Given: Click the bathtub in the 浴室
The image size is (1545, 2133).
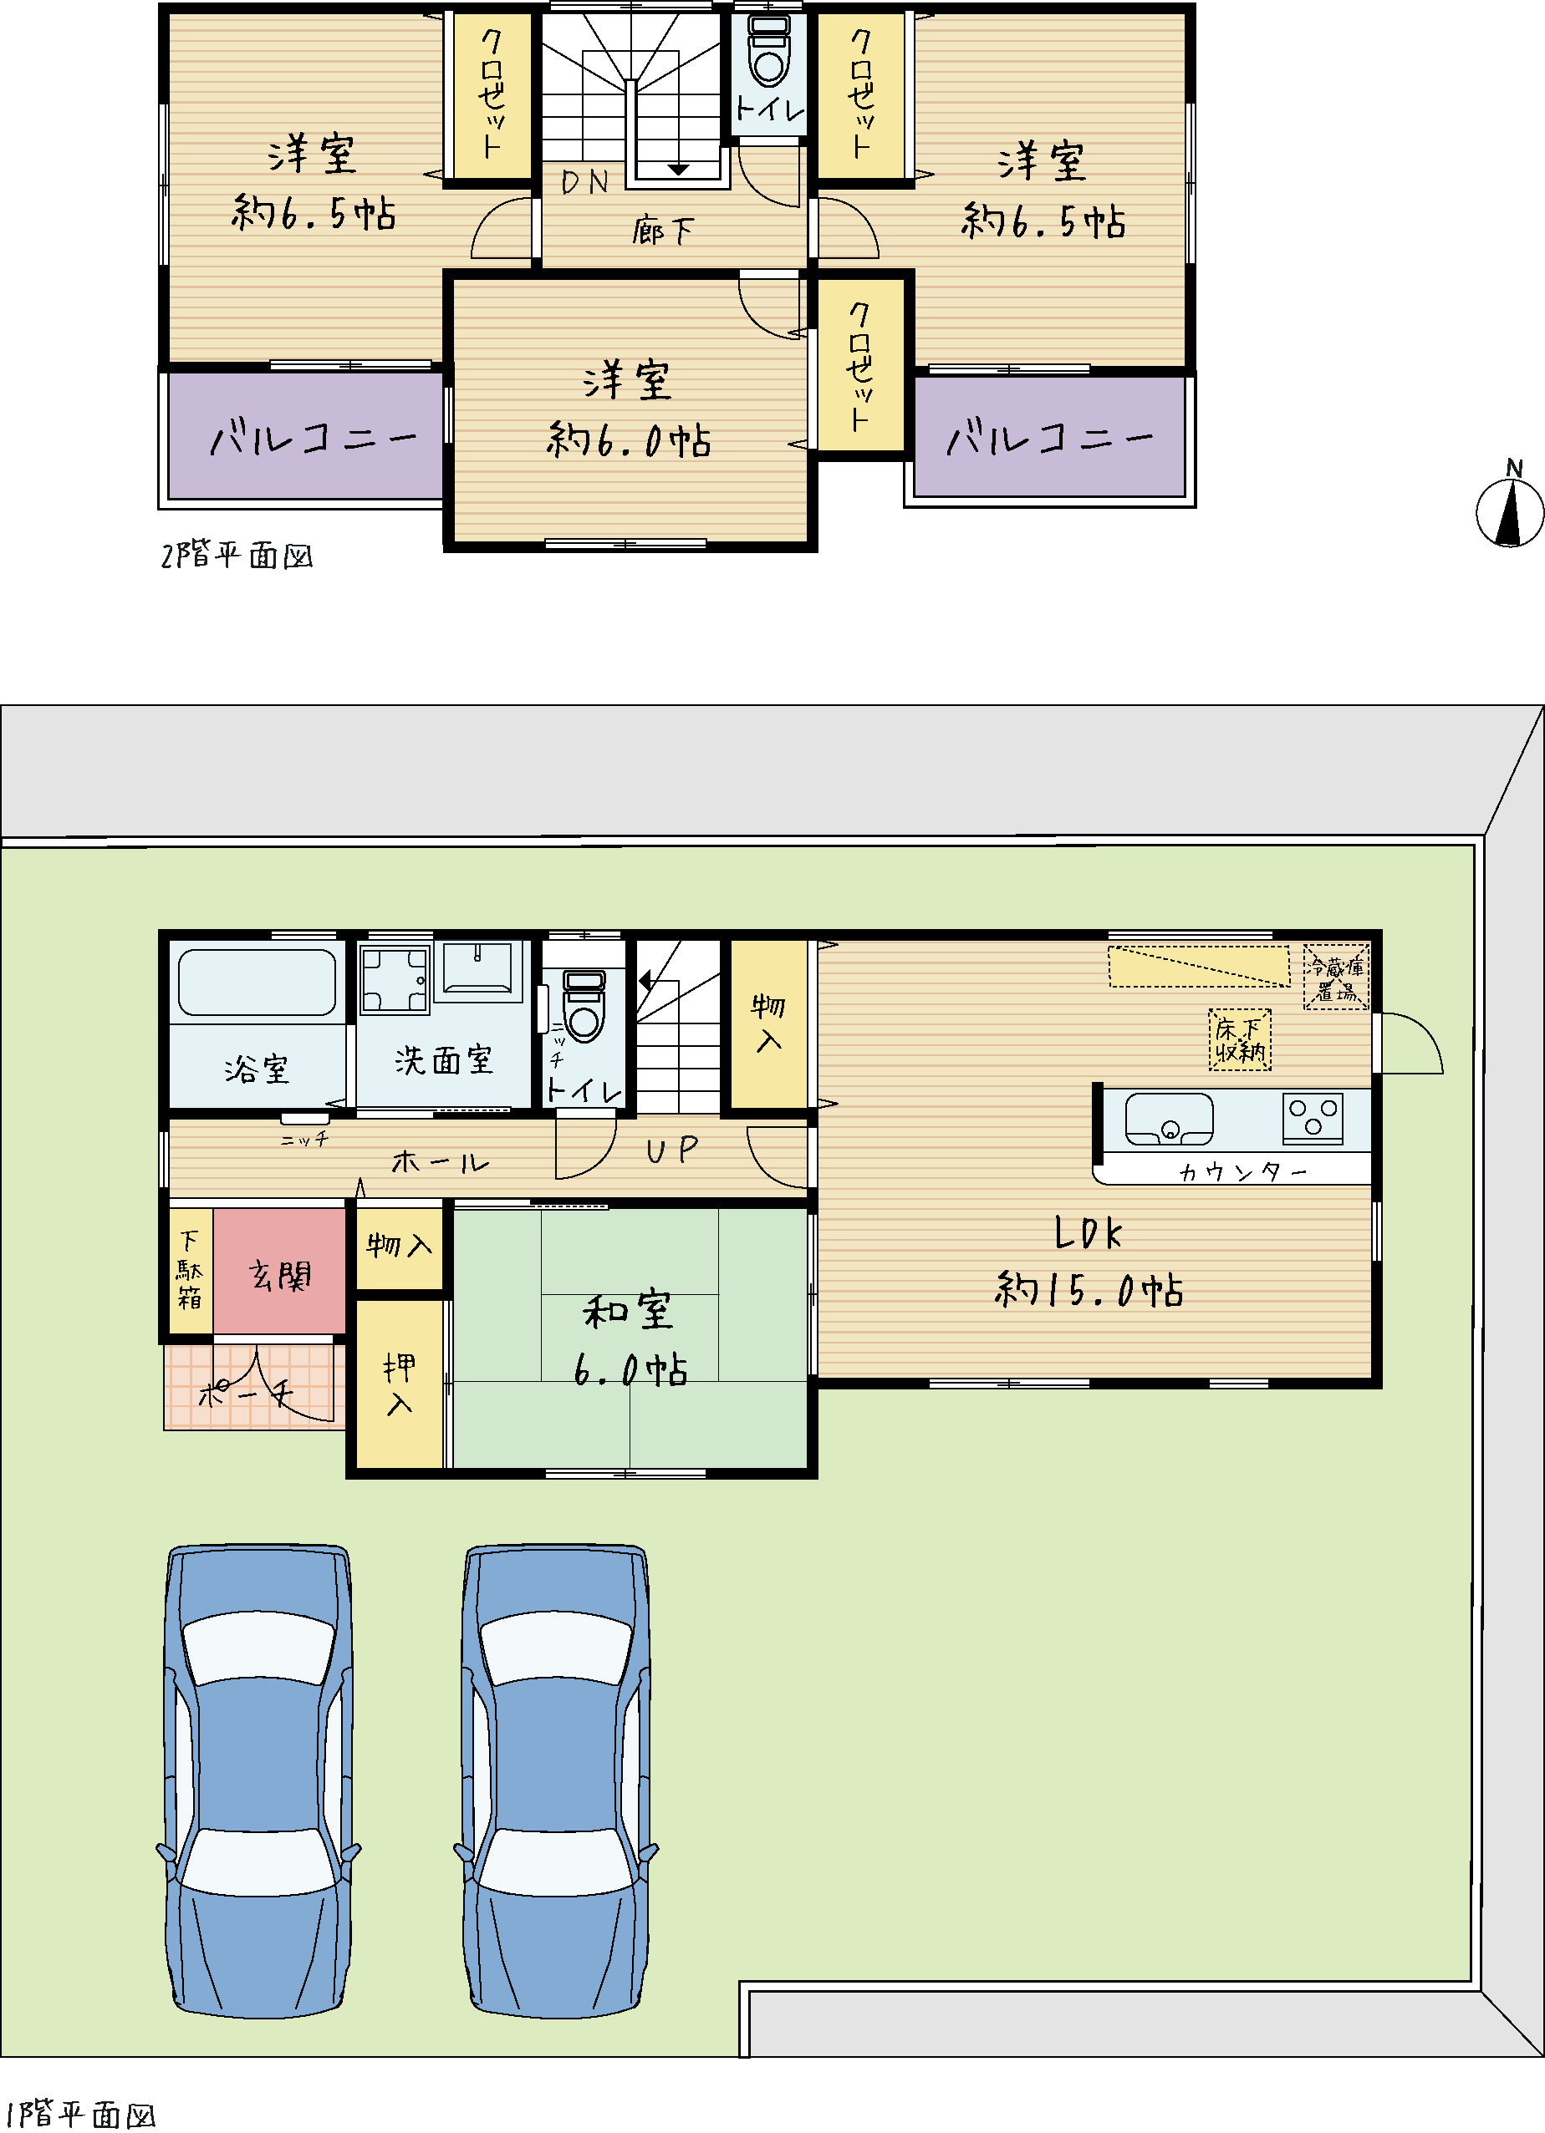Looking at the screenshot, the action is [x=257, y=982].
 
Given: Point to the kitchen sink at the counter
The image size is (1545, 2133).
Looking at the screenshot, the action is [x=1169, y=1118].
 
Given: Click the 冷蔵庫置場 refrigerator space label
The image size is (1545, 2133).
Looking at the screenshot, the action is [x=1336, y=978].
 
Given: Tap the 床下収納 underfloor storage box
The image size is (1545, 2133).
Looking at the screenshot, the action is [x=1239, y=1039].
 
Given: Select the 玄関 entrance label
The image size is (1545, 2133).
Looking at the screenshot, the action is [x=279, y=1275].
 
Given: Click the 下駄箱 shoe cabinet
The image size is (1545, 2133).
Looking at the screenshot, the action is [x=191, y=1271].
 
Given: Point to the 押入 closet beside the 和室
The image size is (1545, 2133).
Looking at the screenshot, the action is [x=399, y=1383].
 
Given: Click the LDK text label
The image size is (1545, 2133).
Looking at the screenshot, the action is [x=1089, y=1232].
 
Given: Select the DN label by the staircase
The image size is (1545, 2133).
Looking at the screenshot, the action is [x=584, y=181].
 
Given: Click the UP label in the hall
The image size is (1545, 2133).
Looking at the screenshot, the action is [x=672, y=1150].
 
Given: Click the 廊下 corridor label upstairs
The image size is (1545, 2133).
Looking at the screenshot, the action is [x=663, y=231].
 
